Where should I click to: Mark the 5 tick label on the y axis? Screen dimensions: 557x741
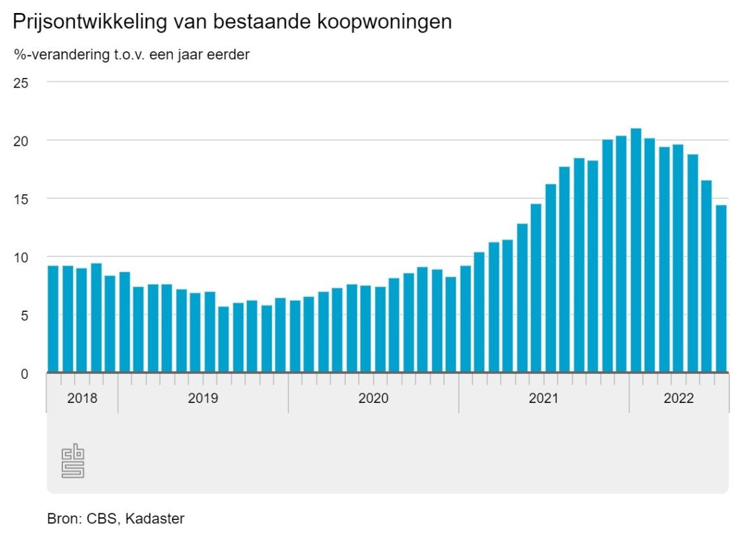click(24, 315)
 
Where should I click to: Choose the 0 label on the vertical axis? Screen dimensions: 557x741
click(24, 373)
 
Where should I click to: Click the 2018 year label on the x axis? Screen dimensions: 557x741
click(82, 398)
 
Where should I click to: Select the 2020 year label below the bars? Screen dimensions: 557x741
click(373, 398)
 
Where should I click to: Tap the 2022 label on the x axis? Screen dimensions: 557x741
click(679, 398)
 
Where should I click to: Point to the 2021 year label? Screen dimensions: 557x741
click(543, 398)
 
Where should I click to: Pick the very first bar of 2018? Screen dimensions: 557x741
click(53, 318)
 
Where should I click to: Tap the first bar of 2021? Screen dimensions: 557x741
click(465, 318)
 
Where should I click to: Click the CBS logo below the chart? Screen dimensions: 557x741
click(73, 461)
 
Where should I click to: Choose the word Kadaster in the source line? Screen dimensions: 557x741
click(155, 519)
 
